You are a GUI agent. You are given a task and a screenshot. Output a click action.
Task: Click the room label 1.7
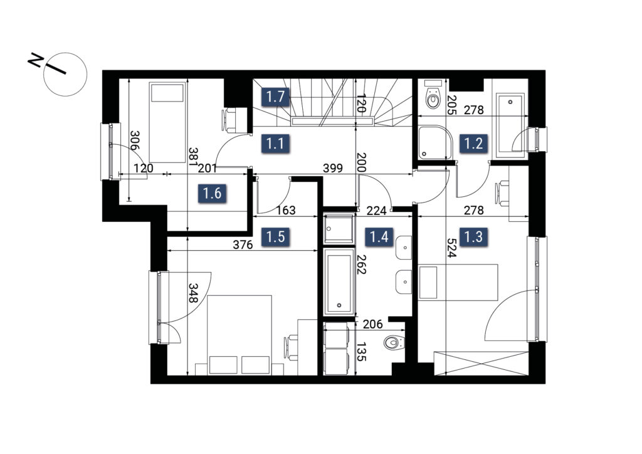tap(275, 97)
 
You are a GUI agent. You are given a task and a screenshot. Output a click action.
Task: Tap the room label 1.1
tap(275, 144)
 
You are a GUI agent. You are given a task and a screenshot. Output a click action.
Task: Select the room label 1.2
tap(473, 144)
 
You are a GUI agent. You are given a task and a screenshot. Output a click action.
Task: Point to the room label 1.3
tap(473, 236)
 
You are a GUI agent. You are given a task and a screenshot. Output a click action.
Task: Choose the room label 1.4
tap(379, 236)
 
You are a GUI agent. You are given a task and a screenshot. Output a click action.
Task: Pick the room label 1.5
tap(275, 236)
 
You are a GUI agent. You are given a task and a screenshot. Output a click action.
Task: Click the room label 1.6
tap(213, 193)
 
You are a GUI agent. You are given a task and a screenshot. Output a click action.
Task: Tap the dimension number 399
tap(332, 168)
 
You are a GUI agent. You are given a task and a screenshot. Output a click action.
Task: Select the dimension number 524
tap(451, 248)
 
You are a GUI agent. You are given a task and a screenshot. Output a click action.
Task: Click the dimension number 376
tap(243, 245)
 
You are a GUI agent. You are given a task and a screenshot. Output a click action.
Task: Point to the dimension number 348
tap(193, 293)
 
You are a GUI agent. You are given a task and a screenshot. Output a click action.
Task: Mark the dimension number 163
tap(285, 210)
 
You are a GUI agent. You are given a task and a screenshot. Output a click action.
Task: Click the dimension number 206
tap(372, 324)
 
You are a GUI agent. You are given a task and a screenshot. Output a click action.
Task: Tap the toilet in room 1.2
tap(433, 95)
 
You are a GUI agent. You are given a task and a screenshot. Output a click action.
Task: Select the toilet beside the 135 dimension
tap(394, 342)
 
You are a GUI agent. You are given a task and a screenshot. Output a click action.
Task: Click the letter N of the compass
tap(36, 60)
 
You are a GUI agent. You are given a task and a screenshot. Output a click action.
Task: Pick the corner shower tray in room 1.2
tap(435, 142)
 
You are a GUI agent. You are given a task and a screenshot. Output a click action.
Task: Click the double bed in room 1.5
tap(239, 335)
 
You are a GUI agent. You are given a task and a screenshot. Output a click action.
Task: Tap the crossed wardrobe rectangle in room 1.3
tap(481, 362)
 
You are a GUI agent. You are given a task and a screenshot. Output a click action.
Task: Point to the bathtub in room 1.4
tap(339, 282)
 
